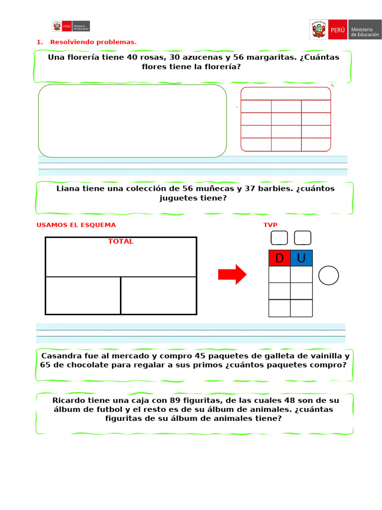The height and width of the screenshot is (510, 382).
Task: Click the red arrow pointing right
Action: [232, 274]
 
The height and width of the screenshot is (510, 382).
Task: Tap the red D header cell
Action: [279, 258]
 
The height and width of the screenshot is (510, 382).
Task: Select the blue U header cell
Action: [301, 258]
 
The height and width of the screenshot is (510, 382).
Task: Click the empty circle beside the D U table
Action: [328, 275]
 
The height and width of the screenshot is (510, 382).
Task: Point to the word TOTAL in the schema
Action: [121, 242]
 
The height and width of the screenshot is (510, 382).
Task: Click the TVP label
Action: [270, 225]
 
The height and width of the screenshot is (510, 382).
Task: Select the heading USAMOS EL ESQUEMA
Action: [76, 225]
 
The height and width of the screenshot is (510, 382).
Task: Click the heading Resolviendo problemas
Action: [93, 42]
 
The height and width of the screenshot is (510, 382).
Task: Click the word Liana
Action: [67, 189]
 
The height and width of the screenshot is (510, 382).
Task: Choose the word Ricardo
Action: [69, 400]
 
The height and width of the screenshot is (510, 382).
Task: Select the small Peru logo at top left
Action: [71, 26]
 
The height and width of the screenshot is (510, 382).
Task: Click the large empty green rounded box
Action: [132, 121]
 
